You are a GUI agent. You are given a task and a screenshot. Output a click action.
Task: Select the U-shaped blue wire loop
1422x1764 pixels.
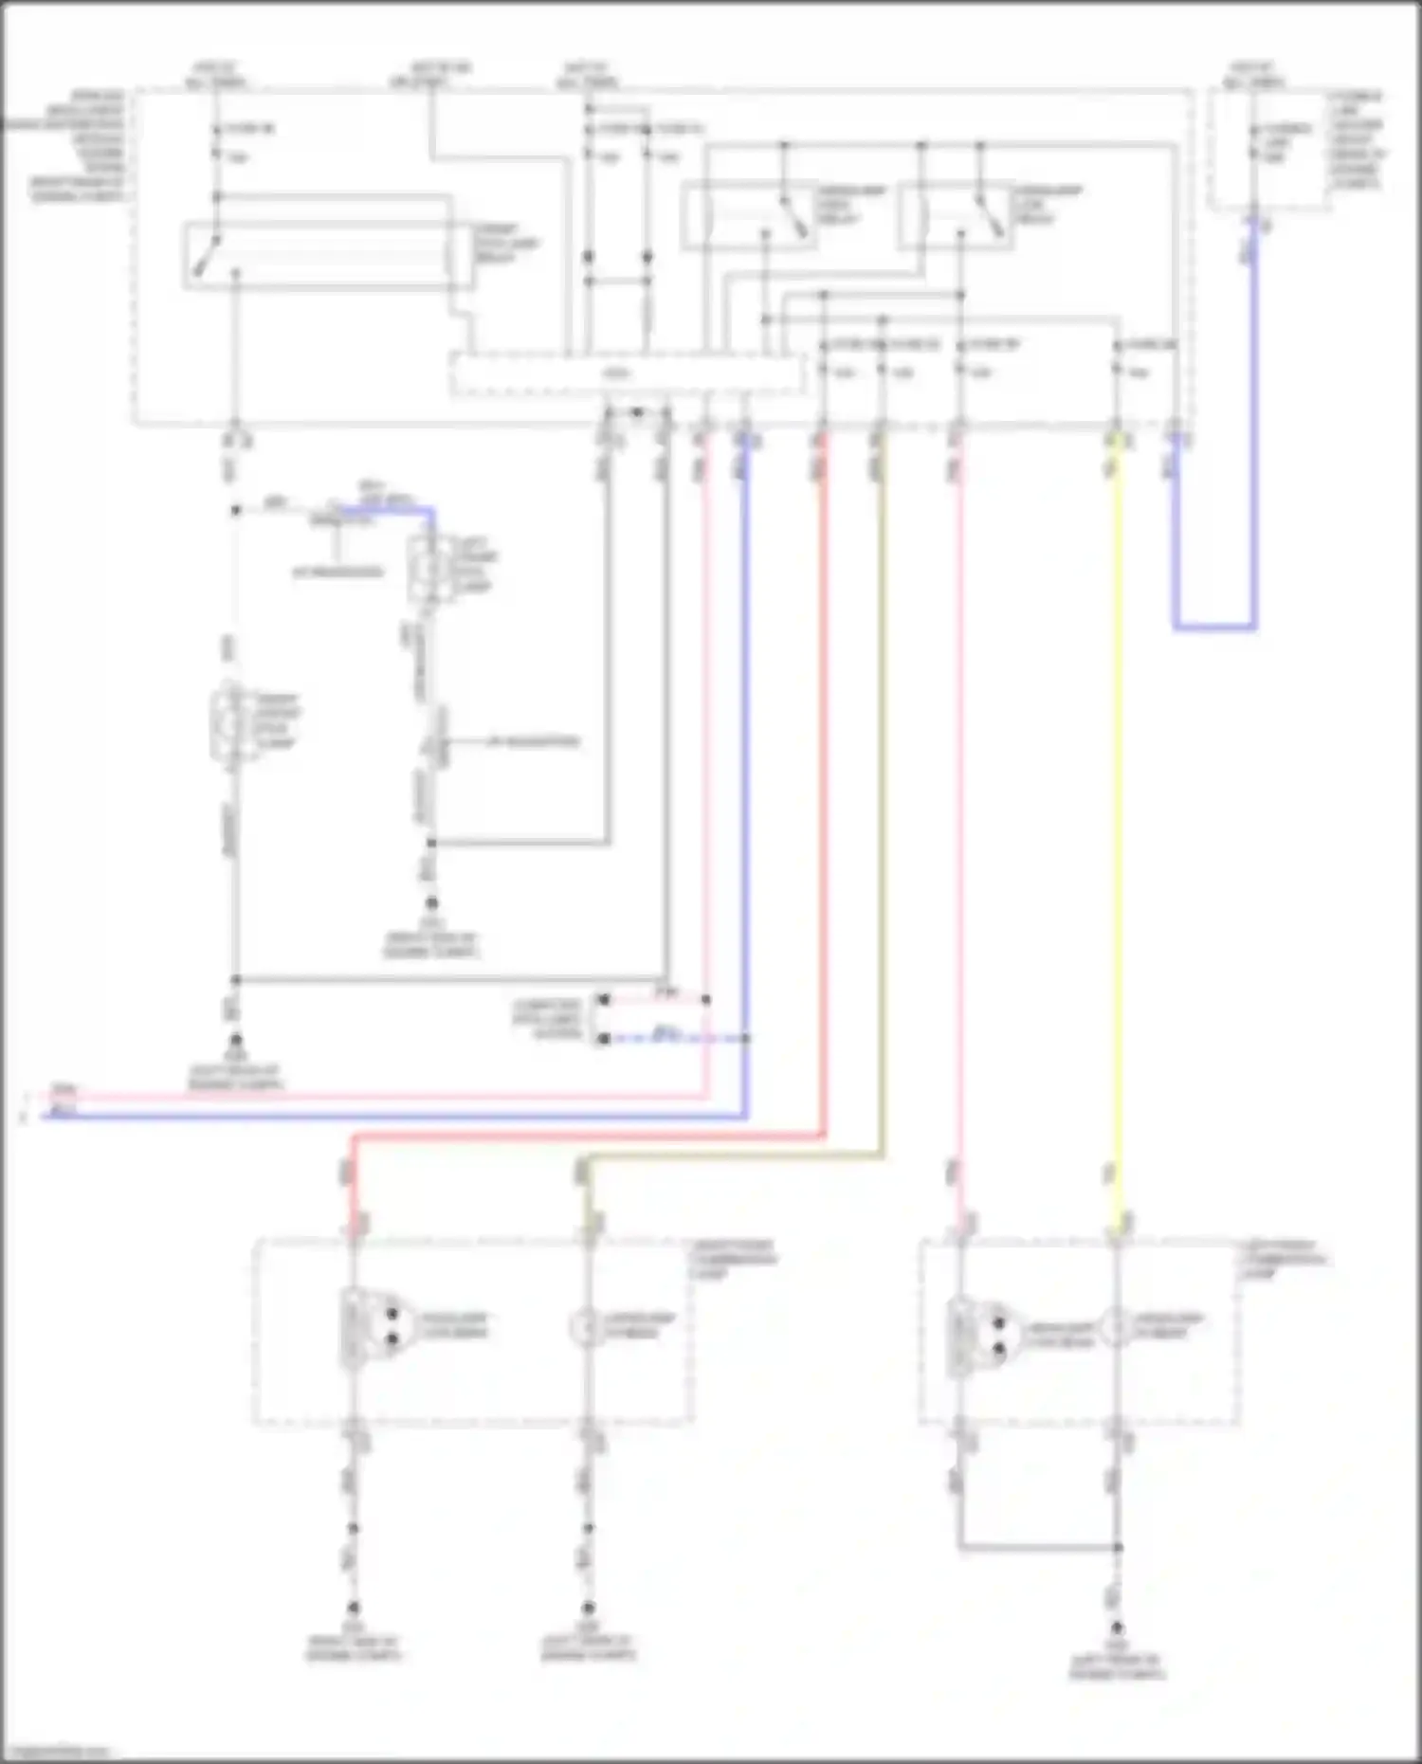[x=1214, y=627]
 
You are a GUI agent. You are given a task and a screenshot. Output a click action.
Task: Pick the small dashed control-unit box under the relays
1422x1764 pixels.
[x=627, y=373]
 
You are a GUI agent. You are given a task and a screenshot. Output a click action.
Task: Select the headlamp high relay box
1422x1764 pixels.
[x=749, y=216]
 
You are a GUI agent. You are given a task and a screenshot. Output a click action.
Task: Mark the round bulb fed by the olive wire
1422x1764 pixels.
[x=587, y=1327]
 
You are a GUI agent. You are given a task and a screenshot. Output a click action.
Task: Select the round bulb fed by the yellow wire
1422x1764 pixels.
[x=1117, y=1327]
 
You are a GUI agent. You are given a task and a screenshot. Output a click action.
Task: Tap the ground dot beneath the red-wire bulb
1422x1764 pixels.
[x=353, y=1609]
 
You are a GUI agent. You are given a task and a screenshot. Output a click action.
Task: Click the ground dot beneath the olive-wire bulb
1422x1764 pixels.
[x=588, y=1609]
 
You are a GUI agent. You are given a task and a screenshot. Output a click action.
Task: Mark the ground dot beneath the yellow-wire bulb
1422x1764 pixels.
[x=1118, y=1628]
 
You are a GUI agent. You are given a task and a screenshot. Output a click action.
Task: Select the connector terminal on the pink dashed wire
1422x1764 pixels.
[x=603, y=999]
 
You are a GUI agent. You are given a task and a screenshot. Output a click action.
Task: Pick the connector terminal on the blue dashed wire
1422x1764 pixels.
[x=603, y=1039]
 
